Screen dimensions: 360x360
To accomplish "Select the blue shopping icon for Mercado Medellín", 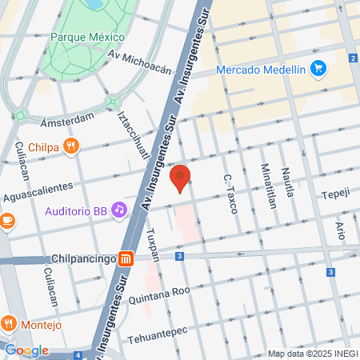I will (x=318, y=69).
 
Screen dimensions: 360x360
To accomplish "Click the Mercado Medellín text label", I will (x=262, y=70).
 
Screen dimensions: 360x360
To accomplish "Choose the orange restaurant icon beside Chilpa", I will (x=72, y=146).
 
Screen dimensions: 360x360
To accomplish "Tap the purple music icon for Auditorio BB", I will (x=119, y=210).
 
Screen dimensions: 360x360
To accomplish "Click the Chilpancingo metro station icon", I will (x=126, y=258).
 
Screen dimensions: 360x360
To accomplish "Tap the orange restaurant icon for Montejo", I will (x=10, y=323).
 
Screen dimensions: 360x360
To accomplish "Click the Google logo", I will (x=26, y=350).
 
